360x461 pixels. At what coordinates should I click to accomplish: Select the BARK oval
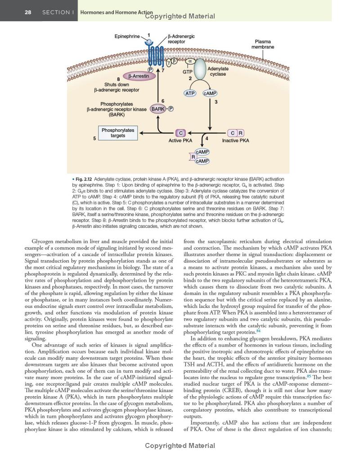pyautogui.click(x=157, y=109)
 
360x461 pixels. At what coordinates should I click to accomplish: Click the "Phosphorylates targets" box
pyautogui.click(x=118, y=133)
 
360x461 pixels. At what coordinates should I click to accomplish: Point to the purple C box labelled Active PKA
pyautogui.click(x=180, y=133)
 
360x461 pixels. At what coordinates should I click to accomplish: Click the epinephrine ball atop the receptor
pyautogui.click(x=149, y=42)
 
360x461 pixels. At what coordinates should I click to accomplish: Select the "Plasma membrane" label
pyautogui.click(x=262, y=44)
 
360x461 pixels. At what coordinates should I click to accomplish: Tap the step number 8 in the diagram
pyautogui.click(x=118, y=79)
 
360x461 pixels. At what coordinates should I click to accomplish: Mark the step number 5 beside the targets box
pyautogui.click(x=94, y=138)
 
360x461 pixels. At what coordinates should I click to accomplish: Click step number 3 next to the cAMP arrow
pyautogui.click(x=216, y=102)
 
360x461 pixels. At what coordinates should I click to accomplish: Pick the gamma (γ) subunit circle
pyautogui.click(x=168, y=62)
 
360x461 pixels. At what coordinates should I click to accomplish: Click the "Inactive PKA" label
pyautogui.click(x=235, y=140)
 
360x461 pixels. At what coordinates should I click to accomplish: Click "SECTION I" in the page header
pyautogui.click(x=58, y=12)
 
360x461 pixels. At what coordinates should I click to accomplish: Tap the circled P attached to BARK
pyautogui.click(x=171, y=109)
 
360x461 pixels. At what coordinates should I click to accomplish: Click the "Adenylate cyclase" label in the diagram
pyautogui.click(x=218, y=71)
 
